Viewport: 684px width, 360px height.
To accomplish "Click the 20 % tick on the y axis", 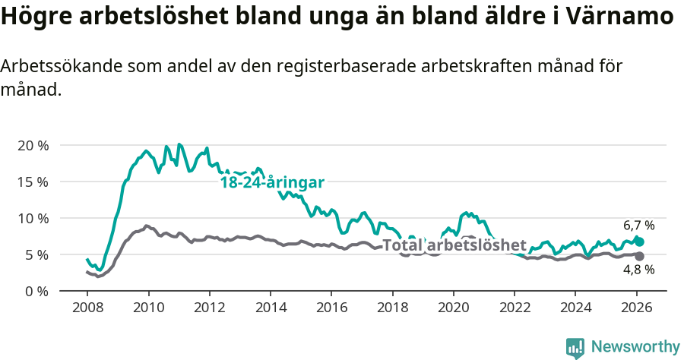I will pos(33,145).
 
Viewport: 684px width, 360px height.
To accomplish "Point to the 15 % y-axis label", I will pos(33,182).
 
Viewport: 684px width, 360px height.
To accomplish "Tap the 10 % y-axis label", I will pos(33,218).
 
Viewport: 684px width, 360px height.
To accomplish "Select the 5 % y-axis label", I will pos(36,254).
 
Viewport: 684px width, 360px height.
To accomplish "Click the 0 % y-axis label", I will pos(36,291).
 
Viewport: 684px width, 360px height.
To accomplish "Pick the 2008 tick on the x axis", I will pos(87,309).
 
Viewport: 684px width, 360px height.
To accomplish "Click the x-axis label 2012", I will pos(210,309).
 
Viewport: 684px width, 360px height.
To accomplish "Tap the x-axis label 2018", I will pos(393,309).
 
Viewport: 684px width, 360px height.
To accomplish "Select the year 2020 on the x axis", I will pos(454,309).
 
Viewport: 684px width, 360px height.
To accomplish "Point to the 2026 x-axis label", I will pos(637,309).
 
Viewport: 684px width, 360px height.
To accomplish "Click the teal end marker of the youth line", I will pos(639,242).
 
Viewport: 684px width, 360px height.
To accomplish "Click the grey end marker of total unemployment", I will pos(639,256).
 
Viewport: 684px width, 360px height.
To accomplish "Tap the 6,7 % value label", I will pos(638,226).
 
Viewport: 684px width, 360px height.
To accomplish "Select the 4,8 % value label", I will pos(638,270).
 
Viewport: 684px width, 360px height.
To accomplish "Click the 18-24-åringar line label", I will pos(272,183).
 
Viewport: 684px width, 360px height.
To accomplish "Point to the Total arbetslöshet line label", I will pos(454,245).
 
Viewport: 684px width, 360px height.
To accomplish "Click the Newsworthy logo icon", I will pos(575,348).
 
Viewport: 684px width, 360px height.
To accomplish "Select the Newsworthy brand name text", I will pos(635,347).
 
